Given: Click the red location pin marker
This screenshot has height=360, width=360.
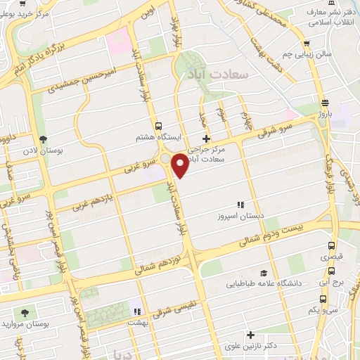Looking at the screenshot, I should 180,165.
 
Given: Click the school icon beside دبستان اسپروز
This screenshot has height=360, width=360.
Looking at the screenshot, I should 240,205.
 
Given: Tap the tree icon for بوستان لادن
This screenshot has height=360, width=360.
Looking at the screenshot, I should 44,140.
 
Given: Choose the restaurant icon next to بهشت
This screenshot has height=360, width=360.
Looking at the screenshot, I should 139,311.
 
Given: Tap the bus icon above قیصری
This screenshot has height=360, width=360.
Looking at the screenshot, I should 331,246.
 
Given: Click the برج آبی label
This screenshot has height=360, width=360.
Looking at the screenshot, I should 330,278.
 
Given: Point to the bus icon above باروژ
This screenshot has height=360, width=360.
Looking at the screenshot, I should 324,101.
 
